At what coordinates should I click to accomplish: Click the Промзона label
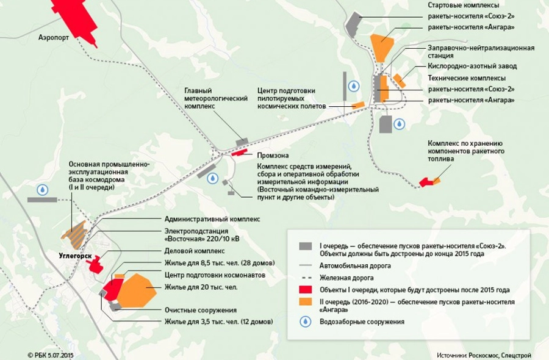273,156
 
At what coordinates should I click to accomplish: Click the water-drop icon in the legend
304,321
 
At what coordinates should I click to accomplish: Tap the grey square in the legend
305,245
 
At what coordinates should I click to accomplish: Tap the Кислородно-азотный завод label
473,66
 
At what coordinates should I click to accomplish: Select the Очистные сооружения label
200,310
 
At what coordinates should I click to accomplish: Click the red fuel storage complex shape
431,181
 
